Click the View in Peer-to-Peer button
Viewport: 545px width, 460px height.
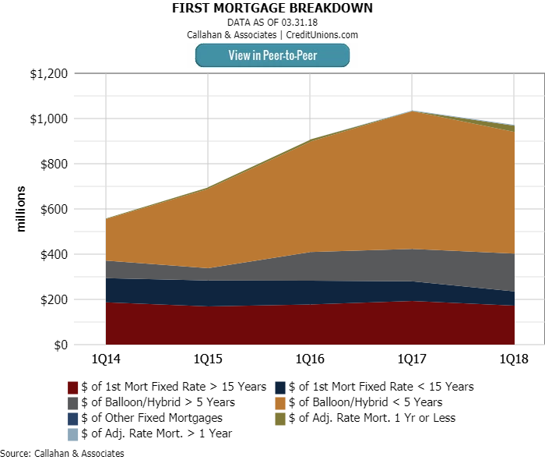(272, 55)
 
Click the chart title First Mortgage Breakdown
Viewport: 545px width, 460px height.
(272, 9)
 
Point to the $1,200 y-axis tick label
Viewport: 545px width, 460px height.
(49, 74)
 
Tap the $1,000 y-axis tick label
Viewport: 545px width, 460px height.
(49, 119)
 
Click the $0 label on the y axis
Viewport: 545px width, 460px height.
(60, 345)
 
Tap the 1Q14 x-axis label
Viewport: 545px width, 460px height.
(106, 359)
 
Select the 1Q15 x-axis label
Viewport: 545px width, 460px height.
(208, 359)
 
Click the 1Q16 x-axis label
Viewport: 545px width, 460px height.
(311, 359)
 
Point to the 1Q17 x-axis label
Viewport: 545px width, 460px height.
(413, 359)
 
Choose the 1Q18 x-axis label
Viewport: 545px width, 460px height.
(515, 359)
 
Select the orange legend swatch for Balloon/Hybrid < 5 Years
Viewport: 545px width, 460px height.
(280, 402)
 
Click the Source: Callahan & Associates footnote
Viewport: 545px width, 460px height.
(62, 453)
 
